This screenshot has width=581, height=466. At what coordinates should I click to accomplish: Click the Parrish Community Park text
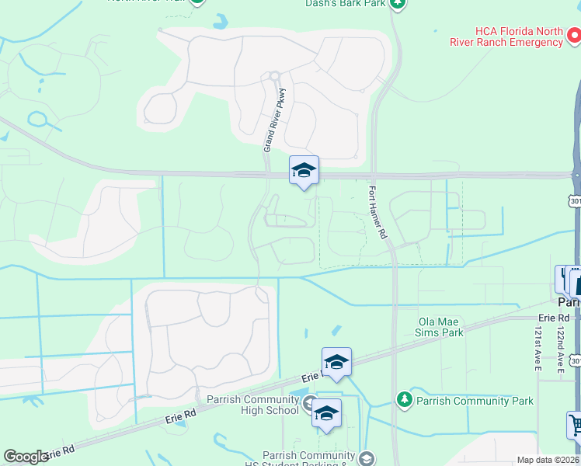click(475, 401)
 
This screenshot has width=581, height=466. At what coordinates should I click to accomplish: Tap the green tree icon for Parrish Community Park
click(404, 399)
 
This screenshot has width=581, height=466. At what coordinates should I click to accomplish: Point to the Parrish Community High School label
click(252, 405)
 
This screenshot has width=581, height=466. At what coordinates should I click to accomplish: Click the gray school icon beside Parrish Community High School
click(309, 402)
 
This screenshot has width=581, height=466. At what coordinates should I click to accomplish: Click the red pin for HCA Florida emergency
click(574, 35)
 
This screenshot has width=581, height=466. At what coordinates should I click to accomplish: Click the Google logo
click(26, 457)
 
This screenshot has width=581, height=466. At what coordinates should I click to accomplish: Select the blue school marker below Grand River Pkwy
click(304, 171)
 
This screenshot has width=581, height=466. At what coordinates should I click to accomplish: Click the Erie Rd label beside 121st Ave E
click(554, 318)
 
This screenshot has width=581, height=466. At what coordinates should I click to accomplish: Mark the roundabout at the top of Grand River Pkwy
click(273, 76)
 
